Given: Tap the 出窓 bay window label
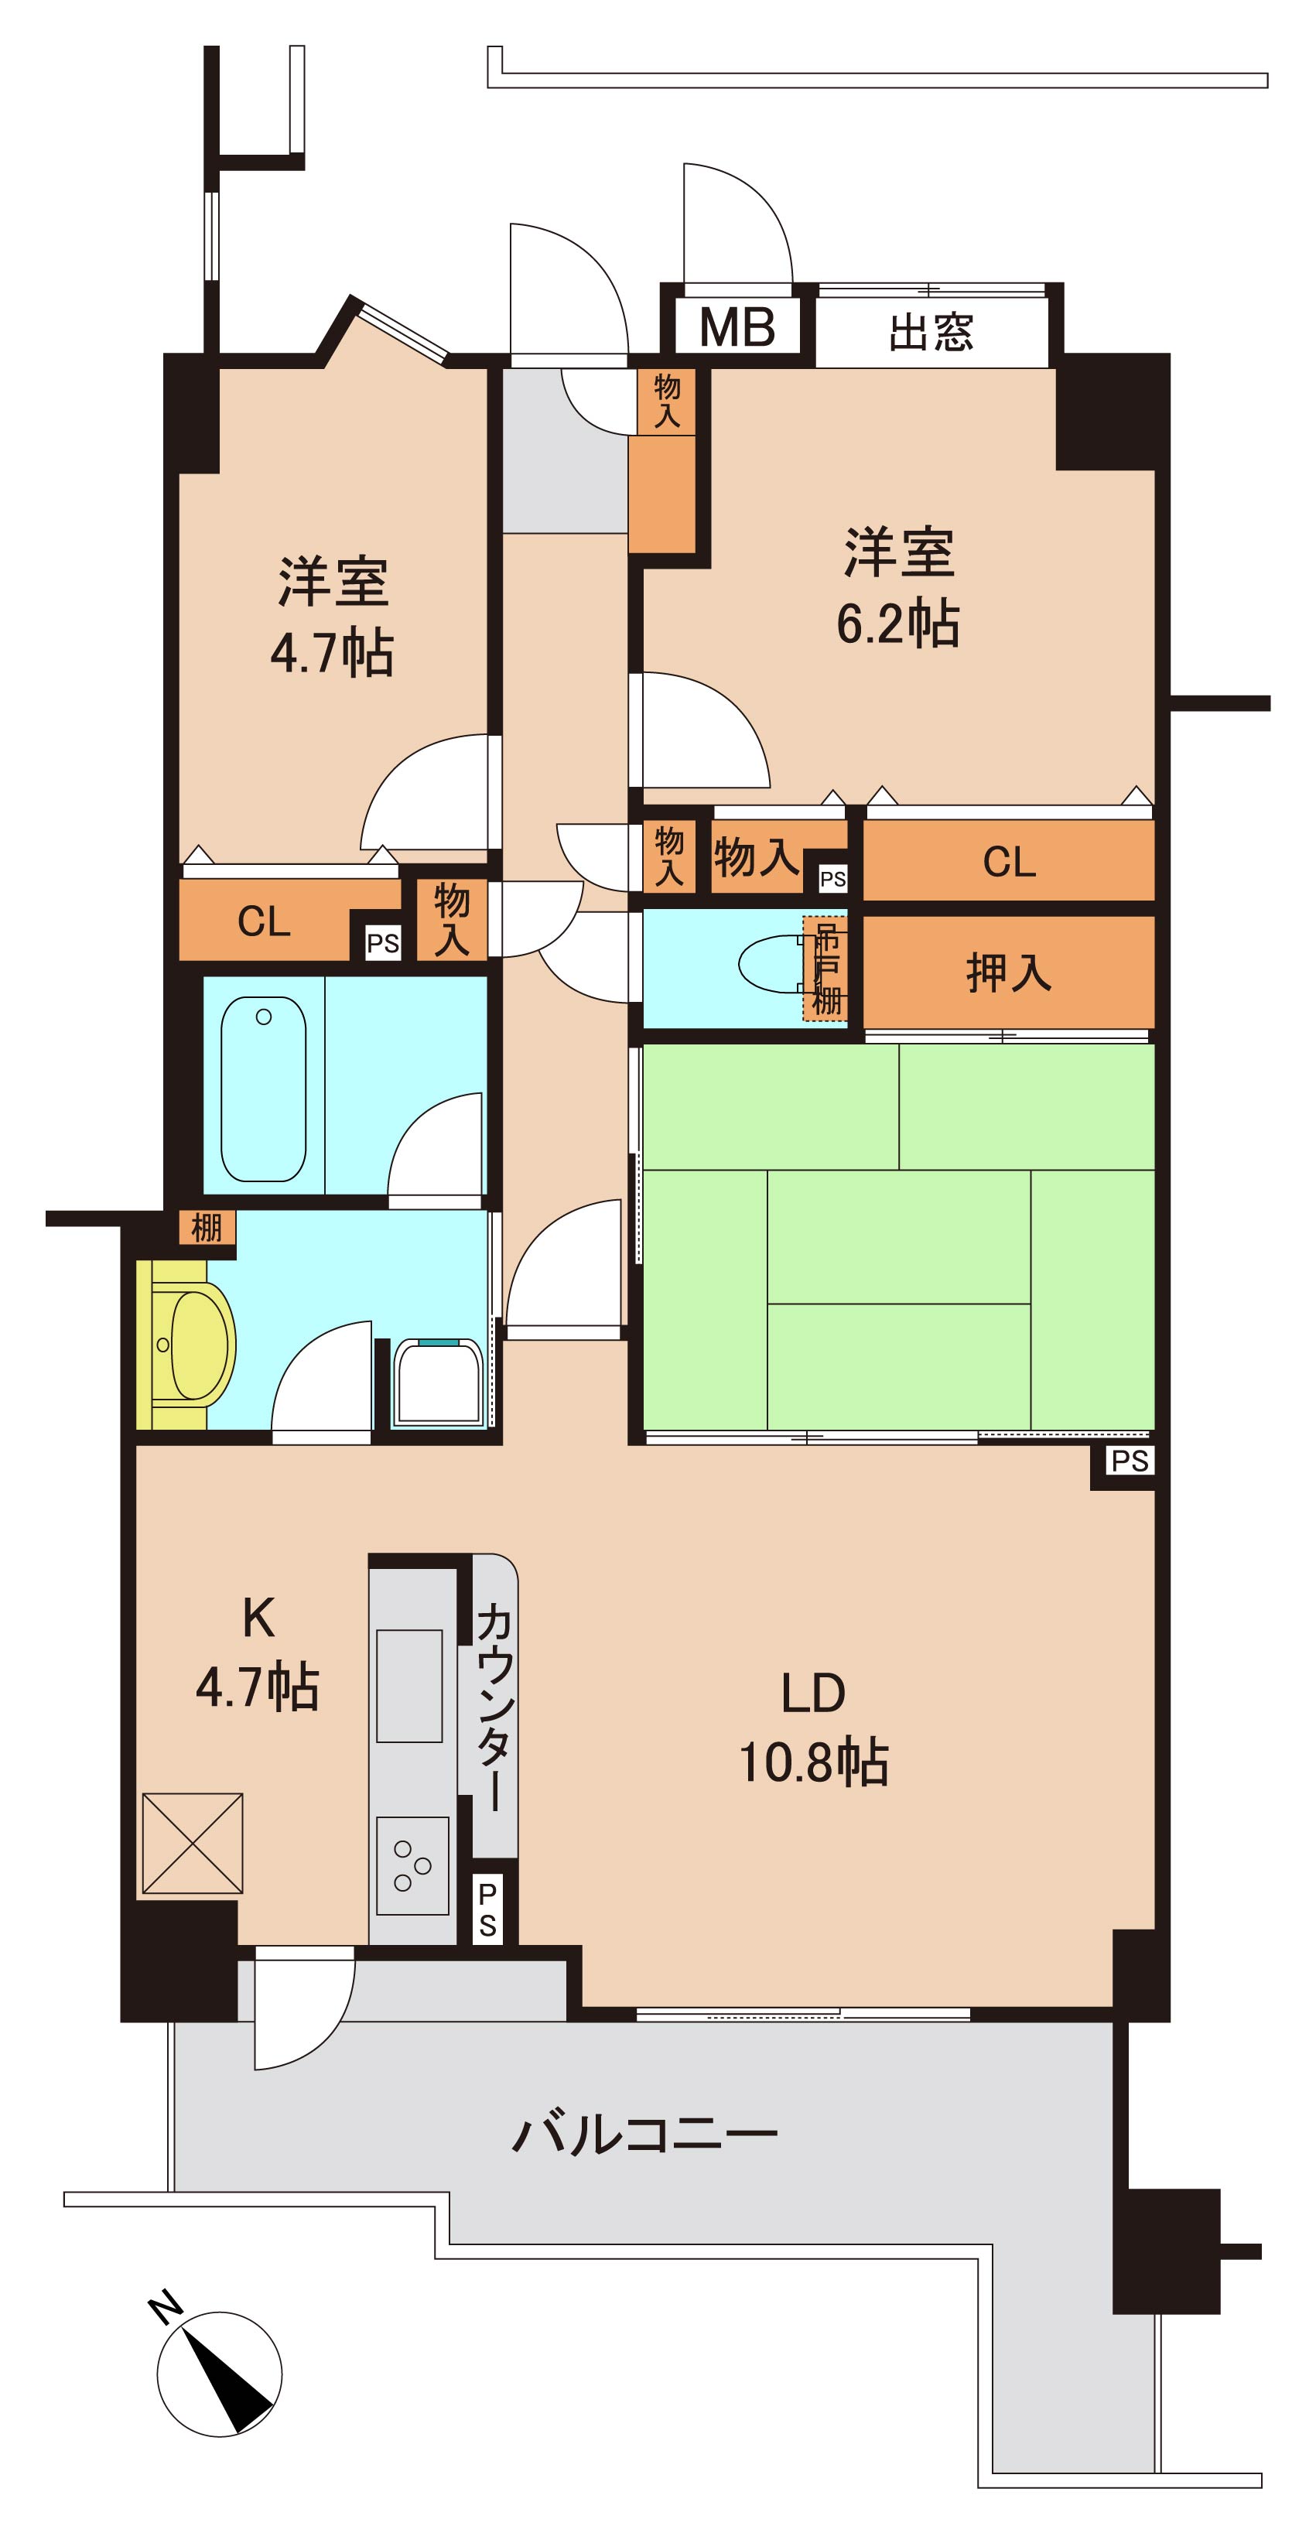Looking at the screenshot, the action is pyautogui.click(x=931, y=333).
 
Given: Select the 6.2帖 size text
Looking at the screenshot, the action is pyautogui.click(x=897, y=624).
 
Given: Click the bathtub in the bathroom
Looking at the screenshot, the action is pyautogui.click(x=264, y=1089).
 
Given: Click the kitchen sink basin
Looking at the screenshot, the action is pyautogui.click(x=410, y=1686).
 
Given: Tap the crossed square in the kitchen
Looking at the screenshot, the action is pyautogui.click(x=192, y=1843).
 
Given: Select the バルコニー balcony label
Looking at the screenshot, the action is pyautogui.click(x=645, y=2134).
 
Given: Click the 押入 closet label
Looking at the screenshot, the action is pyautogui.click(x=1008, y=972).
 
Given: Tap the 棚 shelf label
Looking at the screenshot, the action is pyautogui.click(x=207, y=1227).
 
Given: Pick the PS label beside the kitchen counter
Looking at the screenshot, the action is pyautogui.click(x=487, y=1910).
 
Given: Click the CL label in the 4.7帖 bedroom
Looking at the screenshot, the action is pyautogui.click(x=264, y=921).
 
